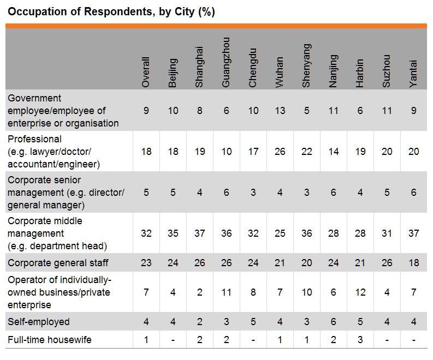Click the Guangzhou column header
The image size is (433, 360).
coord(226,62)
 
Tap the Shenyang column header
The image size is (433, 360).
coord(306,65)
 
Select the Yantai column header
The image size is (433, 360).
coord(413,74)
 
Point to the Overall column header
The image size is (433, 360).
coord(146,73)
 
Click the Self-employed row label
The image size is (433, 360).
coord(39,322)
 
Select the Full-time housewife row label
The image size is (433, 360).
coord(50,340)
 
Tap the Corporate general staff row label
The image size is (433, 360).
coord(58,263)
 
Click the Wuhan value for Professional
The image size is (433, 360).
coord(280,152)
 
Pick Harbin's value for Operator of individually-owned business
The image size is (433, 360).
coord(360,292)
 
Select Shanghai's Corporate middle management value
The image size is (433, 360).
coord(199,233)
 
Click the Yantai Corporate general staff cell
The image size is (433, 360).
coord(414,263)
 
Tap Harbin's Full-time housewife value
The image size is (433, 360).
coord(360,340)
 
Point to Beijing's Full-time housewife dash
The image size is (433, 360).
coord(173,340)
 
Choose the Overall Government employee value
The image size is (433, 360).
coord(146,111)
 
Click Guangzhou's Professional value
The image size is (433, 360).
coord(227,152)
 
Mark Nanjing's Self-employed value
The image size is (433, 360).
coord(333,322)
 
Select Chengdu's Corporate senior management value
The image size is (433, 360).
coord(253,193)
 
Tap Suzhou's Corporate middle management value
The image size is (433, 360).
coord(387,233)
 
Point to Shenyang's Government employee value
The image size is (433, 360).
coord(306,111)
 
